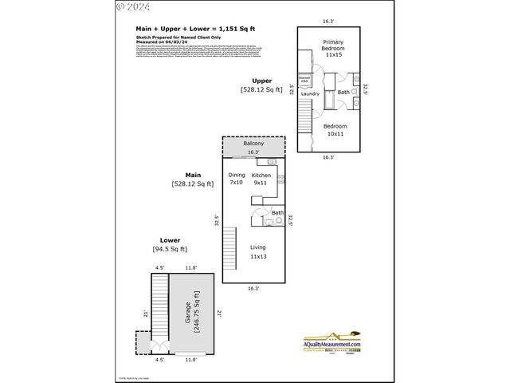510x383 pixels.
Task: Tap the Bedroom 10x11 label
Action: [335, 131]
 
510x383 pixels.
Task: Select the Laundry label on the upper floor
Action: [310, 94]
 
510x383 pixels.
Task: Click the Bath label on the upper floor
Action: [343, 93]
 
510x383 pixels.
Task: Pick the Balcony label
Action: [253, 143]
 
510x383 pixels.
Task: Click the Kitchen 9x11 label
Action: [261, 179]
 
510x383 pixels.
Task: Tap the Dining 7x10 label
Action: [237, 179]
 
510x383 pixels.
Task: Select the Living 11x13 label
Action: [257, 252]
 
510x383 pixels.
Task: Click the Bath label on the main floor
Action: [277, 213]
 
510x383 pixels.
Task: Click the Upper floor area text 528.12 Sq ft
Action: [262, 90]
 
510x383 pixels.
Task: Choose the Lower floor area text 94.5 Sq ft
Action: [169, 250]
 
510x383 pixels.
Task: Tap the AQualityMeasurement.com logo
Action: [332, 341]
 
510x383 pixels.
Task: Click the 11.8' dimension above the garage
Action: [190, 268]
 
